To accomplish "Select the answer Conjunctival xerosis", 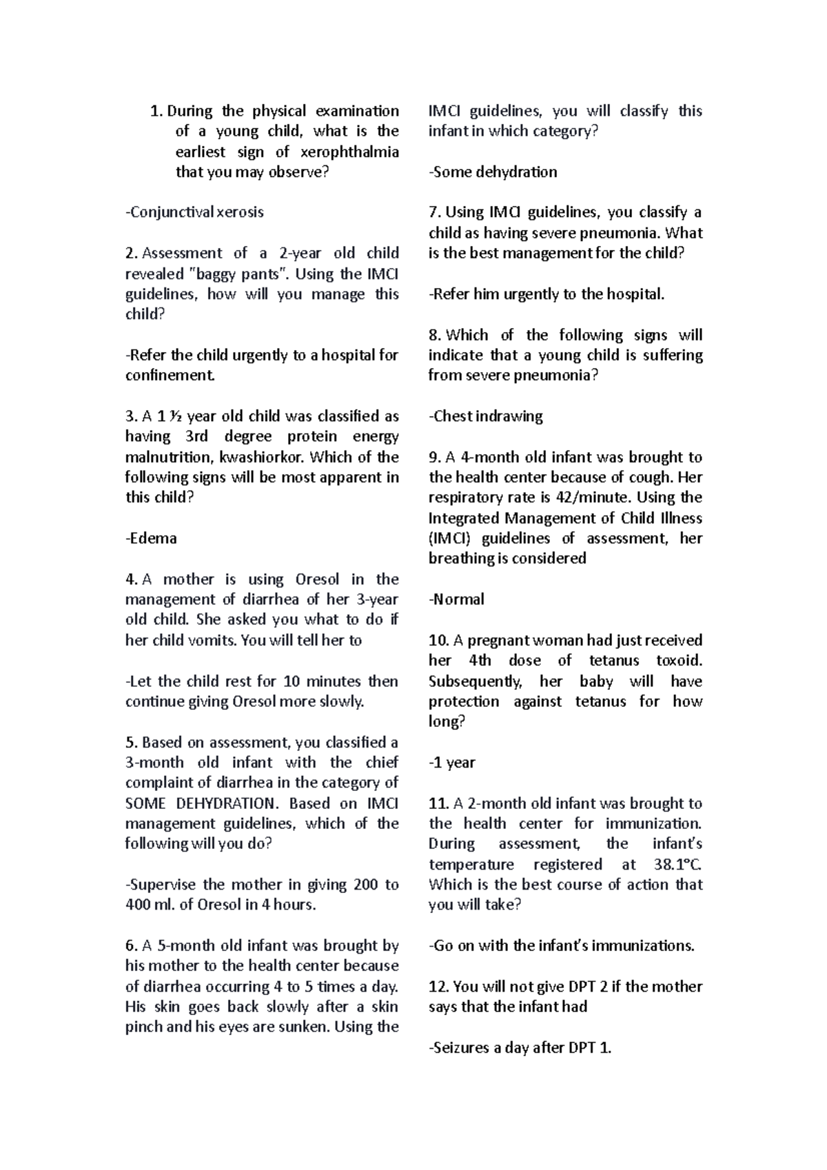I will [195, 212].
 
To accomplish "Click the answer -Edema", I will [151, 538].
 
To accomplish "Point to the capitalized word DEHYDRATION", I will [224, 803].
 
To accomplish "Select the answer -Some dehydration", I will [493, 172].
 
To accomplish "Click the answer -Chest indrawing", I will [486, 416].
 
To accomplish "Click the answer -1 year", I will [452, 763].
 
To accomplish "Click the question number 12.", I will [438, 987].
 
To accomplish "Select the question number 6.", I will [131, 946].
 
